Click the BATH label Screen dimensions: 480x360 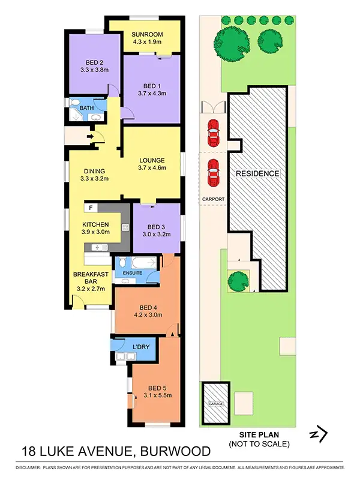[x=87, y=109]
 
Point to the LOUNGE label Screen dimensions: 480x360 [x=152, y=160]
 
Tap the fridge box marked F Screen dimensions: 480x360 [x=90, y=208]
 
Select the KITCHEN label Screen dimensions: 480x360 [x=95, y=224]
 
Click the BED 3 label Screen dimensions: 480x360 [x=156, y=227]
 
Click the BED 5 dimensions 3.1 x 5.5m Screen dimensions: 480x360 [x=157, y=394]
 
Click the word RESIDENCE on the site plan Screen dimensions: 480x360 [x=257, y=173]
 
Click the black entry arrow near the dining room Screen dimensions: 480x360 [x=90, y=137]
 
